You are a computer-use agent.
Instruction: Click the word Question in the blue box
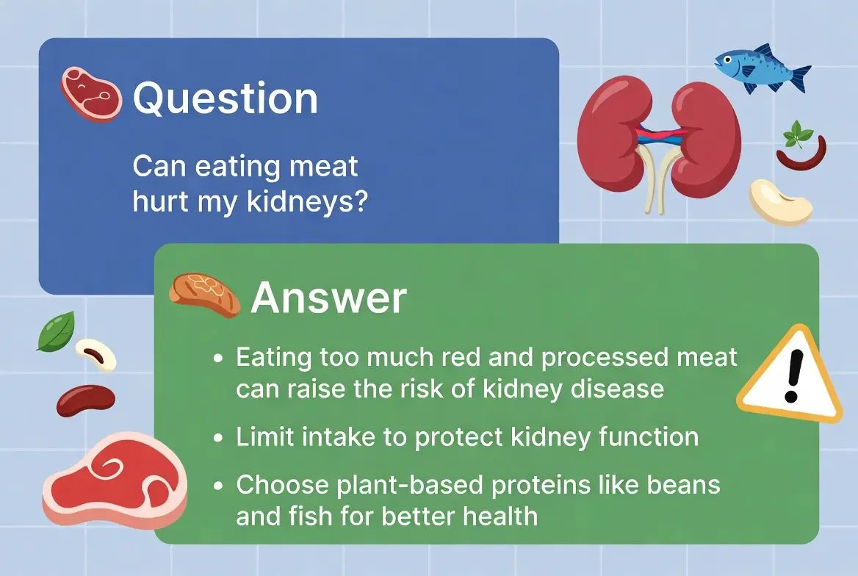pos(225,99)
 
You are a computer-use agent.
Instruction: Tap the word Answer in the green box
pos(328,298)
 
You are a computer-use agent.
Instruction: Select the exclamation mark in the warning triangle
pos(793,375)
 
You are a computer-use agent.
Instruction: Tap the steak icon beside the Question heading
pos(91,93)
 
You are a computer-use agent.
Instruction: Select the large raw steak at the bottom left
pos(115,481)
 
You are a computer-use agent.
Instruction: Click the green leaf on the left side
pos(56,331)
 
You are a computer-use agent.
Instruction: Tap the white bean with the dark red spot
pos(95,355)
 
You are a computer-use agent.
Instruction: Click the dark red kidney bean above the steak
pos(86,400)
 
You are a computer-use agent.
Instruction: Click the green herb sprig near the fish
pos(797,134)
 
